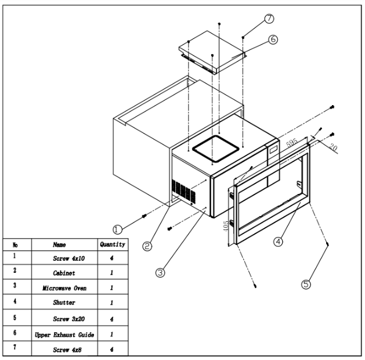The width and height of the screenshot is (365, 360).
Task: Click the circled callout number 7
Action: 269,19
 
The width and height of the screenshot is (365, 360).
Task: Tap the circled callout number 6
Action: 273,39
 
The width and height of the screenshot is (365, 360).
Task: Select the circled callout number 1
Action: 117,229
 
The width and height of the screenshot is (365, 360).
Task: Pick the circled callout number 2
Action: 147,246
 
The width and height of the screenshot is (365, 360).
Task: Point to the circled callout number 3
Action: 160,272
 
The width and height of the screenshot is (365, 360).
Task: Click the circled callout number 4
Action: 278,242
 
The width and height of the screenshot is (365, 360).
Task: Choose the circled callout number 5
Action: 306,284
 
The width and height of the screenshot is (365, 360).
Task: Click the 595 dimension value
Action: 292,142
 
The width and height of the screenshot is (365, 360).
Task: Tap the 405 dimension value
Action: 225,226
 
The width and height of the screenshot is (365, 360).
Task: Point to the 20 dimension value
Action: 333,147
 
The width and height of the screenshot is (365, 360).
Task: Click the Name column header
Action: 59,244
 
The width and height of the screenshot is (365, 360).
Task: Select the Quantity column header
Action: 113,244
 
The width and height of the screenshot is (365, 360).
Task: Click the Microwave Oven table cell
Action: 64,288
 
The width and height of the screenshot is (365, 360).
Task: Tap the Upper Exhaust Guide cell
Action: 64,334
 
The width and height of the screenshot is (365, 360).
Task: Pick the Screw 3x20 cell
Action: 68,319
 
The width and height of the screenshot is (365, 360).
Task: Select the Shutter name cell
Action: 64,303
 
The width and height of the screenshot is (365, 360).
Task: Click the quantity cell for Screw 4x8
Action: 112,350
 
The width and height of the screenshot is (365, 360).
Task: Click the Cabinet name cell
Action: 64,273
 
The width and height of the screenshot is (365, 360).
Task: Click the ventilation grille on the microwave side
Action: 183,191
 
